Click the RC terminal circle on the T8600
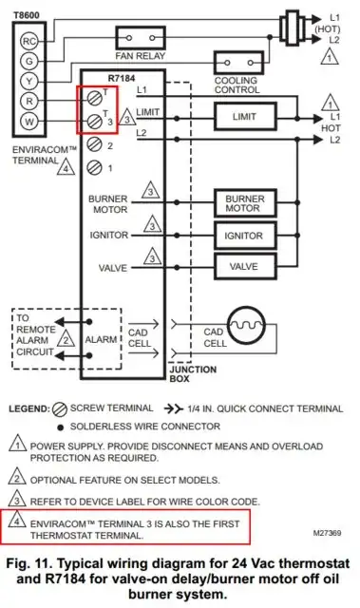pyautogui.click(x=29, y=41)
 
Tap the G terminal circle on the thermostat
pyautogui.click(x=29, y=61)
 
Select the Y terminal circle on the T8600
pyautogui.click(x=29, y=81)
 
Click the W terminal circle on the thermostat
pyautogui.click(x=29, y=122)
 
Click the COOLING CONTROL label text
pyautogui.click(x=236, y=86)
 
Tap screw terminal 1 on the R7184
pyautogui.click(x=94, y=167)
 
